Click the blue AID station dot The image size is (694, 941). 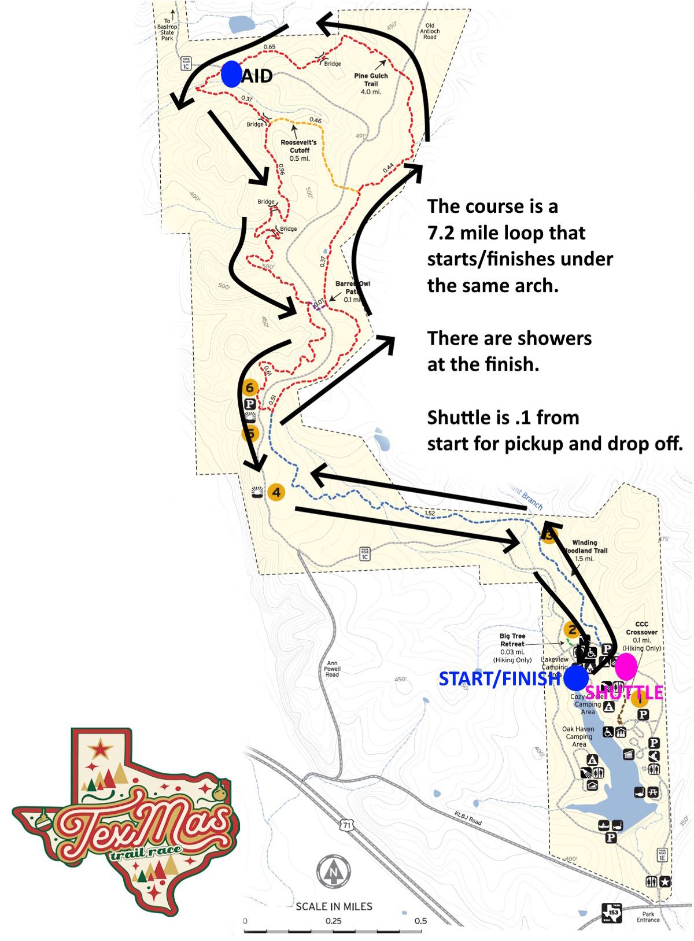click(x=231, y=74)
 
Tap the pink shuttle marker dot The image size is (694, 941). click(x=626, y=666)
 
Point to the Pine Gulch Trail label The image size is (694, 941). click(x=371, y=80)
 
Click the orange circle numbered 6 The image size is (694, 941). click(x=250, y=388)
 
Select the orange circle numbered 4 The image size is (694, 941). click(x=276, y=492)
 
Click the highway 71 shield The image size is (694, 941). click(x=346, y=825)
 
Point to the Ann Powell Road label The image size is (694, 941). click(x=332, y=669)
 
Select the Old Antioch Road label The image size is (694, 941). click(x=429, y=31)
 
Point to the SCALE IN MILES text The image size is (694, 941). click(x=334, y=906)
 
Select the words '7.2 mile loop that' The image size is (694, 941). click(x=506, y=233)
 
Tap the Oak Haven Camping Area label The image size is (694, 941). click(x=578, y=736)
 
